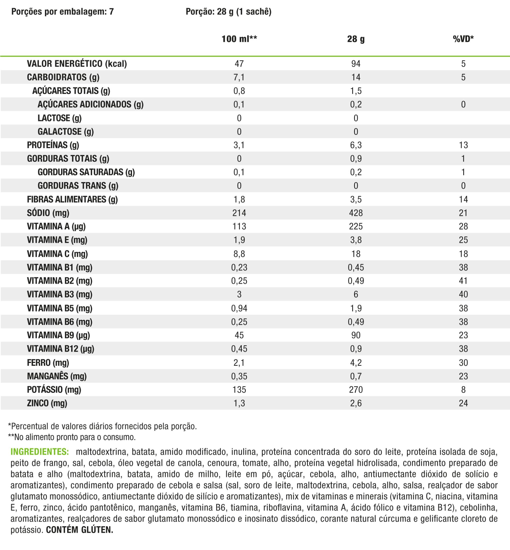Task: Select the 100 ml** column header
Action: pos(239,39)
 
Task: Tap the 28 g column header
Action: pos(356,39)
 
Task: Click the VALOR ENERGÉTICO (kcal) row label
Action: pos(77,64)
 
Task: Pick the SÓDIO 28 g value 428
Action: pos(356,213)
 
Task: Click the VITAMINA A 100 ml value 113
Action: pos(239,226)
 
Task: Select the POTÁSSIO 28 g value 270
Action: pos(356,390)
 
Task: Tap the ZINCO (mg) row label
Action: pos(47,403)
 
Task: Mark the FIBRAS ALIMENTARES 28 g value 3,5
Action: pos(356,199)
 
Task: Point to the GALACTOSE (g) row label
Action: pos(66,132)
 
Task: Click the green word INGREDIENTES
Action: pos(40,452)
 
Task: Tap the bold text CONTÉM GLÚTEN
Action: pos(80,530)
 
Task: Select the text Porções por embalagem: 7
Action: pos(62,12)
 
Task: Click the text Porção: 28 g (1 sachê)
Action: pos(229,12)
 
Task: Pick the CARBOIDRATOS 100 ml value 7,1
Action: pos(239,77)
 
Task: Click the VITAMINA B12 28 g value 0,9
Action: pos(356,349)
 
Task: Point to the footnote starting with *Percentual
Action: pos(102,426)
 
